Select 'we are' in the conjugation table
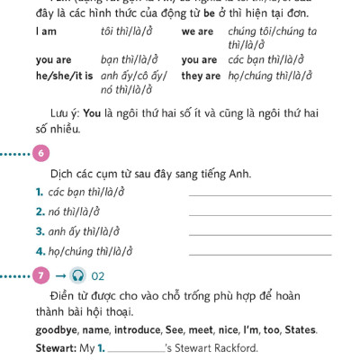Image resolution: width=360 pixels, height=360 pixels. click(197, 31)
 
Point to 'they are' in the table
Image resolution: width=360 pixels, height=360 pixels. click(201, 76)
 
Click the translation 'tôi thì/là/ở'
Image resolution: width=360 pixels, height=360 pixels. click(127, 31)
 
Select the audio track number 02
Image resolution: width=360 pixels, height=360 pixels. click(98, 276)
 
